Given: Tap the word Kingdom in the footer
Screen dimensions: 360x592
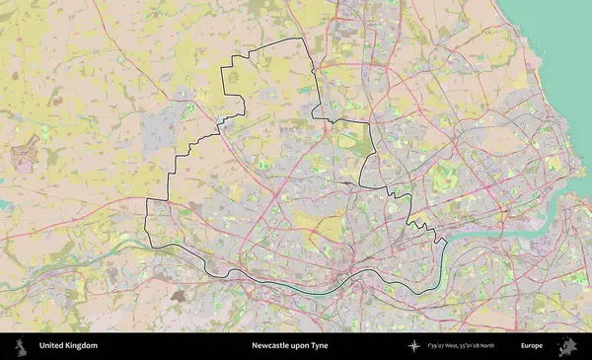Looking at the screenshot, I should pos(82,346).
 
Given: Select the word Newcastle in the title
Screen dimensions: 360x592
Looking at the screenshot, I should pos(271,346).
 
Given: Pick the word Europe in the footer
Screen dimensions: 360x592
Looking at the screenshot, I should pos(532,346).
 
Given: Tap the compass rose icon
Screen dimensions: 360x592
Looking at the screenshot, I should pos(413,346).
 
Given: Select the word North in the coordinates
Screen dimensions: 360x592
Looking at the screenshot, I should pos(500,346).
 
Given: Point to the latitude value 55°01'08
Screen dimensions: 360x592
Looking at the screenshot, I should pos(478,346).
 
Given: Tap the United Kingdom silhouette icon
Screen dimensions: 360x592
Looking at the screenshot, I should pos(19,346).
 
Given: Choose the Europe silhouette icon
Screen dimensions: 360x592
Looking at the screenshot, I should pos(567,346).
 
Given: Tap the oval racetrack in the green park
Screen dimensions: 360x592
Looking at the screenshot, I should pos(346,141).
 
